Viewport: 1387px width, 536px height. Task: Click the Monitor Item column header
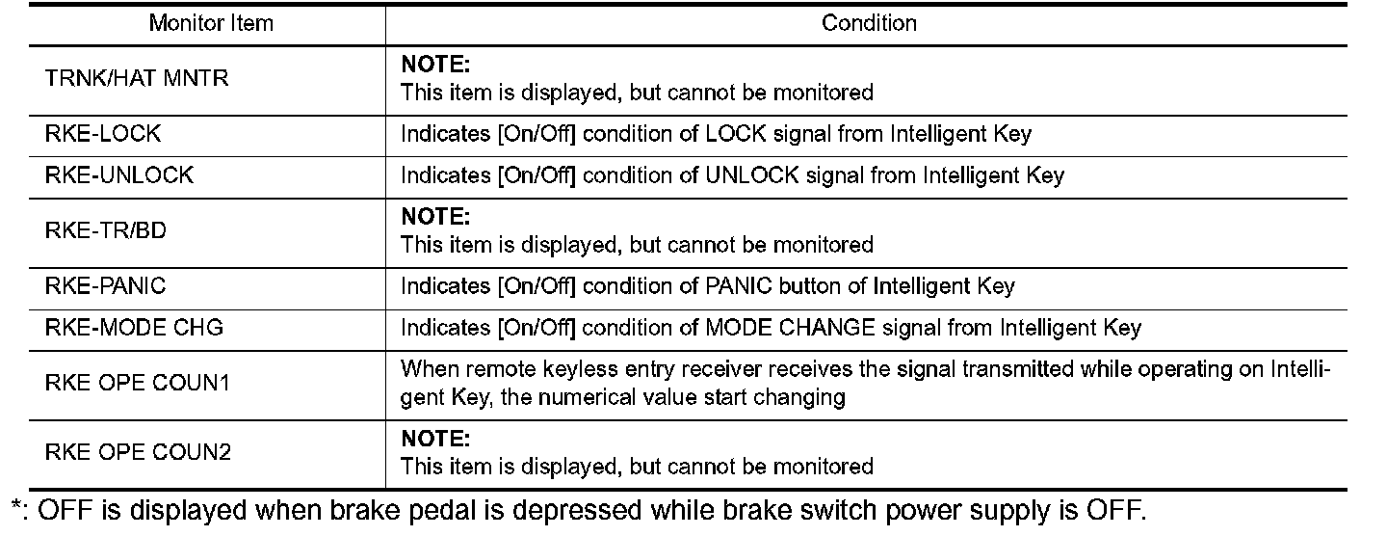[x=210, y=23]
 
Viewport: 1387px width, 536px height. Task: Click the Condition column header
[x=869, y=23]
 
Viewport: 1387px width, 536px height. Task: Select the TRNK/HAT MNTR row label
[x=137, y=78]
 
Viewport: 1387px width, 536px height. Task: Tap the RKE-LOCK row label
[x=103, y=134]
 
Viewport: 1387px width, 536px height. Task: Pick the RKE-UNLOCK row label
[x=119, y=175]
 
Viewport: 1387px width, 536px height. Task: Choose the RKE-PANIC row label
[x=105, y=286]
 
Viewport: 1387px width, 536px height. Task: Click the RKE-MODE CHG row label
[x=134, y=328]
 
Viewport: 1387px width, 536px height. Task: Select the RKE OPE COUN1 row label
[x=137, y=383]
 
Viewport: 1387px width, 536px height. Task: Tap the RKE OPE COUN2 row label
[x=138, y=452]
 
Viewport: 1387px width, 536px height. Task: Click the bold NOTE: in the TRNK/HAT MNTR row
[x=434, y=65]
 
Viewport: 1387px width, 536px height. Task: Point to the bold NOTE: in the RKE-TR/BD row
[x=434, y=217]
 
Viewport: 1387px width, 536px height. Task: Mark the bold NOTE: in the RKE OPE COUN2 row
[x=434, y=439]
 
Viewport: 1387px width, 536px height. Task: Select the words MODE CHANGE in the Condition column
[x=791, y=328]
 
